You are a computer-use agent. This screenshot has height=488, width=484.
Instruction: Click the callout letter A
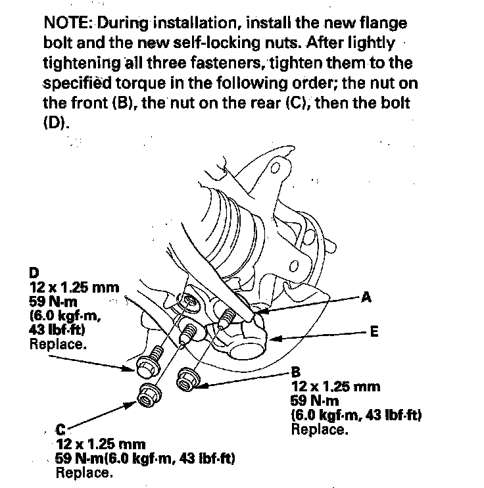click(x=366, y=298)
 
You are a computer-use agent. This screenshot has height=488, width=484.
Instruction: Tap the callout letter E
click(x=375, y=332)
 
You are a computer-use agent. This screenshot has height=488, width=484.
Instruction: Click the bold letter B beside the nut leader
click(x=296, y=373)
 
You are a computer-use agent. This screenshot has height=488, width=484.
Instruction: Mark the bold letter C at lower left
click(x=60, y=431)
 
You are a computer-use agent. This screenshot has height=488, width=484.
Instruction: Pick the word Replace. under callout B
click(x=318, y=429)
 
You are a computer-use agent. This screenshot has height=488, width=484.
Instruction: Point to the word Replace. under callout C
click(x=83, y=472)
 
